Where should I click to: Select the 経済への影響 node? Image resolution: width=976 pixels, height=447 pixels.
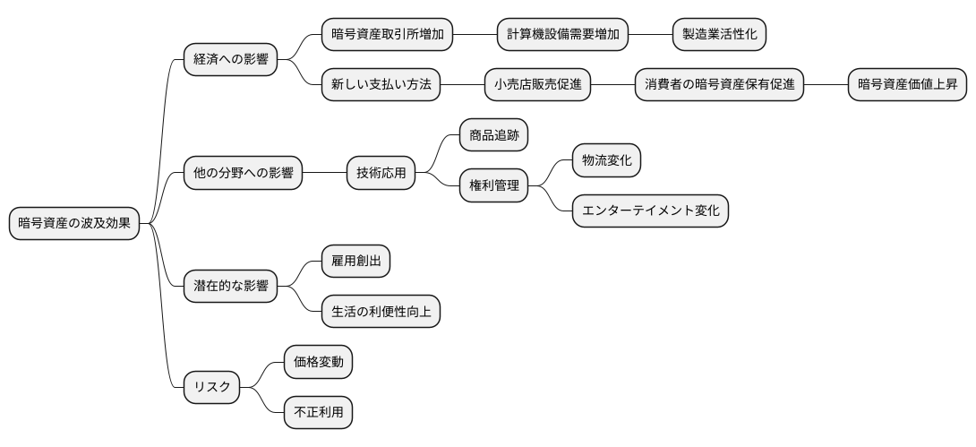230,60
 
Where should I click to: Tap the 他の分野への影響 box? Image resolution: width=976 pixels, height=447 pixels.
243,173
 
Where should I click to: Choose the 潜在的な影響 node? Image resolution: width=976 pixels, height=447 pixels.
230,287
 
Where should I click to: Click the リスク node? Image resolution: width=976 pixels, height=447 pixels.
212,387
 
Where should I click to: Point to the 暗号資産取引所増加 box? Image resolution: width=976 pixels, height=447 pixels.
387,35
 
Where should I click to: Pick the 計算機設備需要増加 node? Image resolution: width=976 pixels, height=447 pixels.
562,35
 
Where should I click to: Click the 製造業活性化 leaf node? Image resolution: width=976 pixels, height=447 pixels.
719,35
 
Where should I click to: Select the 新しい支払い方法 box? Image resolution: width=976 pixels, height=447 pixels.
381,85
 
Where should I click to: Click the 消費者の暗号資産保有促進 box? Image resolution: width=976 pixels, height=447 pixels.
719,85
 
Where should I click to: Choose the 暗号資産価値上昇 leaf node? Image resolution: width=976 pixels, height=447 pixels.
907,85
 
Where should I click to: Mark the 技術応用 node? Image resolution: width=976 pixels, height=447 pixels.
381,173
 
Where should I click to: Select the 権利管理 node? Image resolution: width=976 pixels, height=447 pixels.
493,185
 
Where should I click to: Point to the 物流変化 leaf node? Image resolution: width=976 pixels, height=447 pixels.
607,160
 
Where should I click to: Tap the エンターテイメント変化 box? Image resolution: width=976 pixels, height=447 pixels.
650,211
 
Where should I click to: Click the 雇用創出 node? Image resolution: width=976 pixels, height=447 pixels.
355,262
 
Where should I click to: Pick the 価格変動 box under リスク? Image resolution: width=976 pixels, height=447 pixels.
318,362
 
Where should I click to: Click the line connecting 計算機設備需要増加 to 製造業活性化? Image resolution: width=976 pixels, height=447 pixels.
650,35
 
